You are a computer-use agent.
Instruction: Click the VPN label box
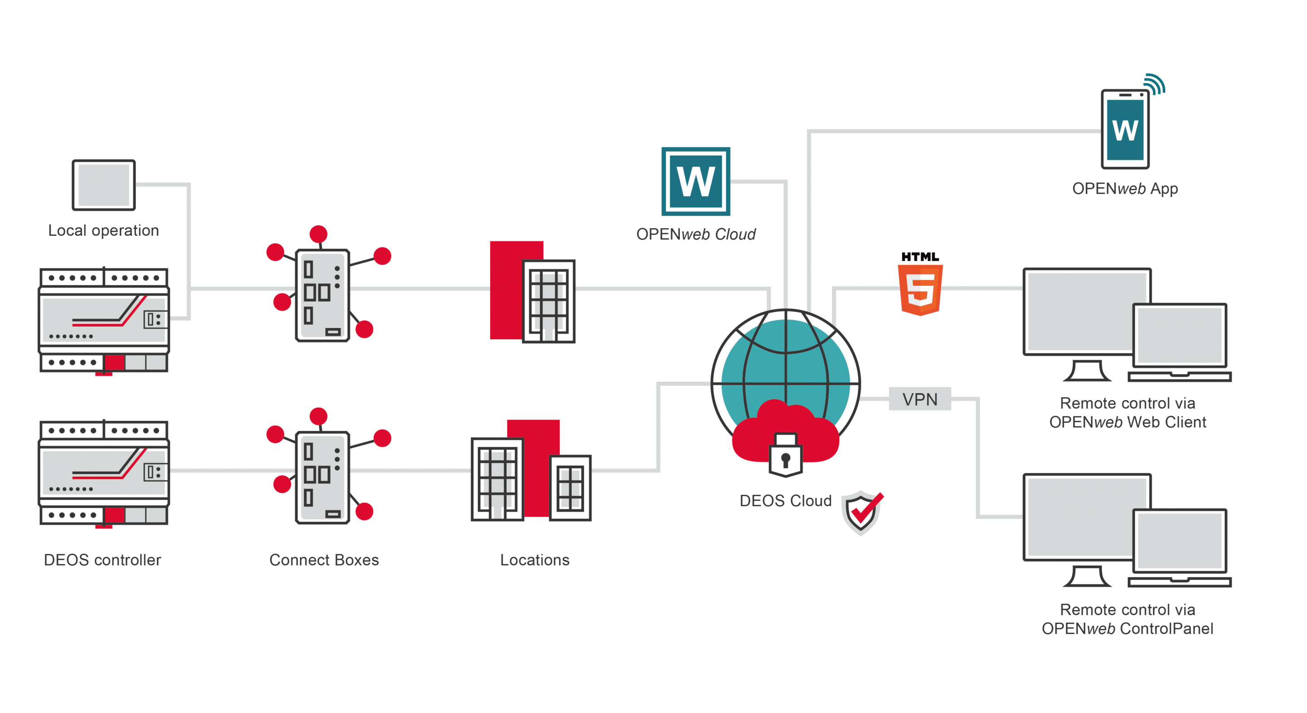pyautogui.click(x=919, y=399)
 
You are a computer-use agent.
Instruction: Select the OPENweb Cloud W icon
pyautogui.click(x=696, y=181)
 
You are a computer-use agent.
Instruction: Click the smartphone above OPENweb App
pyautogui.click(x=1125, y=129)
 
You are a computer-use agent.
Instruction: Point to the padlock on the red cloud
pyautogui.click(x=786, y=455)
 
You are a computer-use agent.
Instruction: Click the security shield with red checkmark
pyautogui.click(x=862, y=512)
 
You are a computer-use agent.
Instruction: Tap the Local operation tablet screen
pyautogui.click(x=103, y=185)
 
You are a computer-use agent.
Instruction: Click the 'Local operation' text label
pyautogui.click(x=103, y=231)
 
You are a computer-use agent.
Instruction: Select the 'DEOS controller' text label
pyautogui.click(x=103, y=560)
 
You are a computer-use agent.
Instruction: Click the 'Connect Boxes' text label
pyautogui.click(x=324, y=560)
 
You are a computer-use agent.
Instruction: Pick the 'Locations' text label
pyautogui.click(x=535, y=560)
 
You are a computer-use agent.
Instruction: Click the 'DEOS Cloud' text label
pyautogui.click(x=786, y=501)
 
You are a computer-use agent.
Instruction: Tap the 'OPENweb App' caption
pyautogui.click(x=1125, y=189)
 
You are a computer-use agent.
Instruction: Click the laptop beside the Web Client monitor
pyautogui.click(x=1179, y=342)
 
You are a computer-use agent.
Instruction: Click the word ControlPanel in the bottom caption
pyautogui.click(x=1166, y=629)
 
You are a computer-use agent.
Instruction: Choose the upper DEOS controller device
pyautogui.click(x=104, y=321)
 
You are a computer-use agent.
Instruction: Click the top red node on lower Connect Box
pyautogui.click(x=318, y=416)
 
